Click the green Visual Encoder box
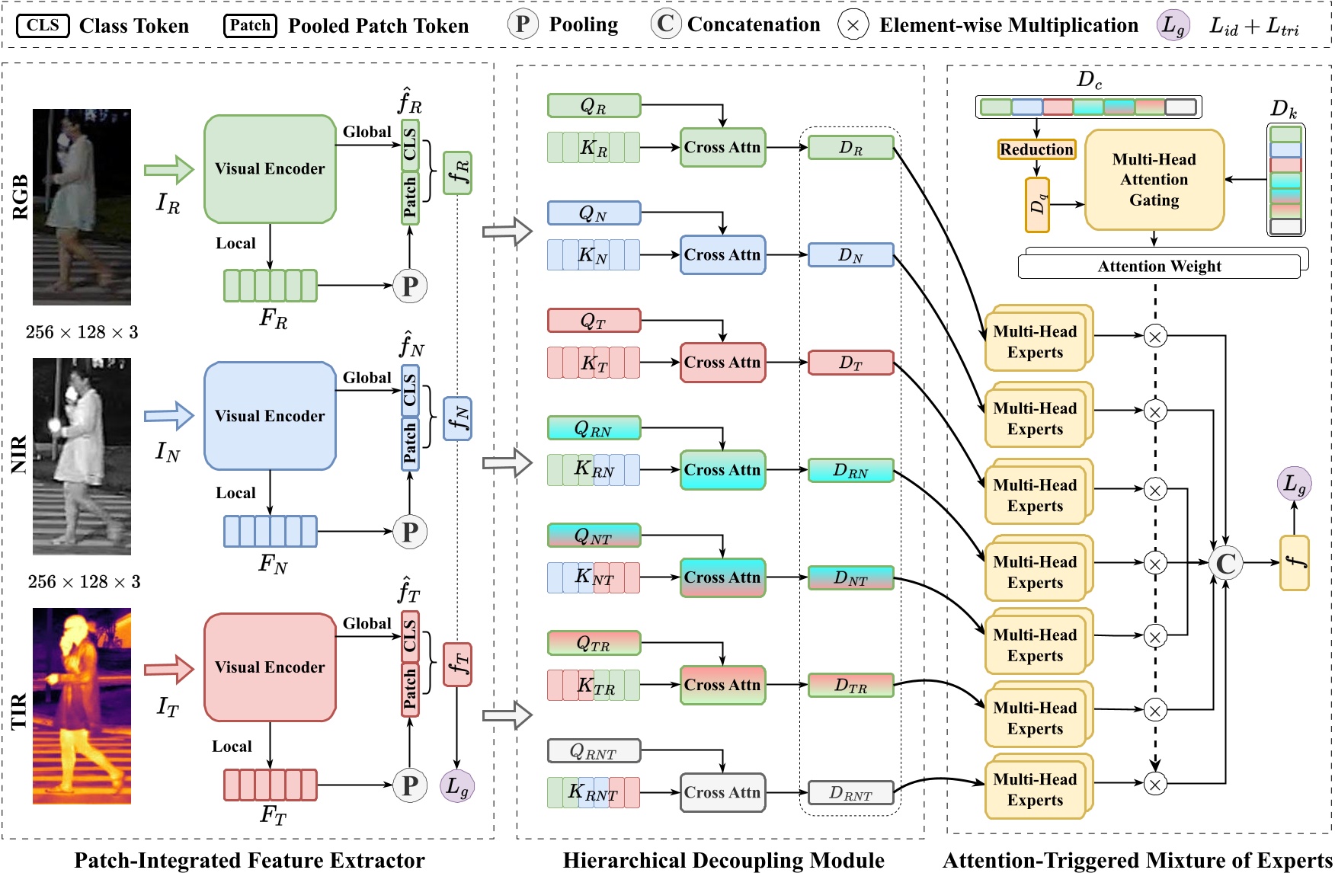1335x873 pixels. click(270, 169)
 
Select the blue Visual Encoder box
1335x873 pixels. click(270, 416)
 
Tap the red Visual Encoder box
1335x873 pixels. click(270, 667)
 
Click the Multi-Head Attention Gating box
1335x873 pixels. click(1154, 180)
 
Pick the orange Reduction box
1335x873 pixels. click(1036, 149)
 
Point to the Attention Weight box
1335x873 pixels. click(1159, 267)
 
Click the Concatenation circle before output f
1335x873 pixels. click(1225, 564)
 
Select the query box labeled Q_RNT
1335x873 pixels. click(594, 752)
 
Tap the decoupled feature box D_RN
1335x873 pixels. click(850, 471)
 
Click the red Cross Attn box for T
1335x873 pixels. click(722, 363)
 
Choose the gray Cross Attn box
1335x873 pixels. click(722, 792)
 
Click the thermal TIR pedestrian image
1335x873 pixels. click(82, 705)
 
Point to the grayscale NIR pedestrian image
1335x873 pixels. click(82, 456)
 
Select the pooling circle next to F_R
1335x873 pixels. click(410, 286)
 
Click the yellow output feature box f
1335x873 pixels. click(1294, 564)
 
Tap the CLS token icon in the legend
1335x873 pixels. click(43, 26)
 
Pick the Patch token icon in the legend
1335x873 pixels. click(250, 26)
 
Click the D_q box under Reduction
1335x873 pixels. click(1037, 205)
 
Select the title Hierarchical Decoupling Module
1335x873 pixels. click(723, 860)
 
